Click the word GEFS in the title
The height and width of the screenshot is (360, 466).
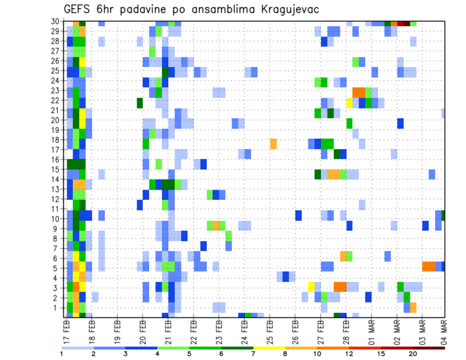click(x=79, y=9)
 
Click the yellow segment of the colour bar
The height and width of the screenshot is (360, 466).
click(x=269, y=347)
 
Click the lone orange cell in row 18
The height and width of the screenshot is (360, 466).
click(x=273, y=144)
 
